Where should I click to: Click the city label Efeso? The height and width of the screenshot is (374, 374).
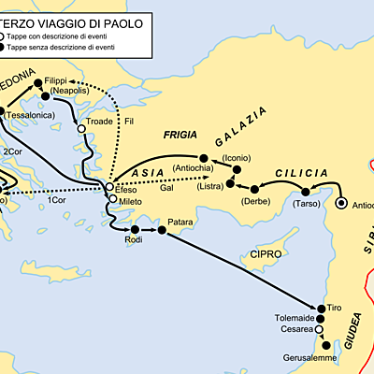click(126, 190)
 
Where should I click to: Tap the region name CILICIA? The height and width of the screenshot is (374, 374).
click(300, 173)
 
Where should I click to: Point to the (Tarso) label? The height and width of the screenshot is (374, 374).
click(305, 204)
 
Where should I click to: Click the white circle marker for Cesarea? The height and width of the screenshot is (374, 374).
click(319, 330)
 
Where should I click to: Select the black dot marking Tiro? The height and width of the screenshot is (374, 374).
click(320, 308)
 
